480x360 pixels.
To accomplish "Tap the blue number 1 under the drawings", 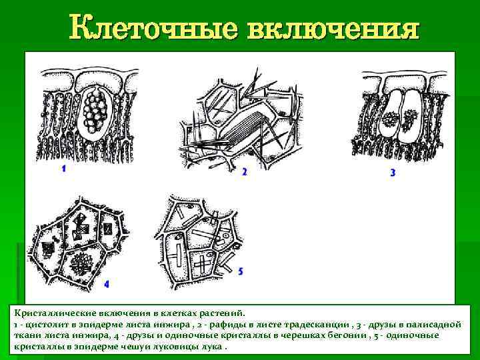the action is coord(63,169).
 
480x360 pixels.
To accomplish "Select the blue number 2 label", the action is coord(244,171).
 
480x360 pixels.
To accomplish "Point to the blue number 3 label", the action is coord(393,173).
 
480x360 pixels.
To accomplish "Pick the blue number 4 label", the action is coord(107,283).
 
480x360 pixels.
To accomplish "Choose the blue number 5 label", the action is coord(240,271).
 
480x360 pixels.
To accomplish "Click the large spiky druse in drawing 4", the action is coord(83,265).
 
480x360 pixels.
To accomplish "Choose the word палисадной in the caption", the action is coord(434,323).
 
